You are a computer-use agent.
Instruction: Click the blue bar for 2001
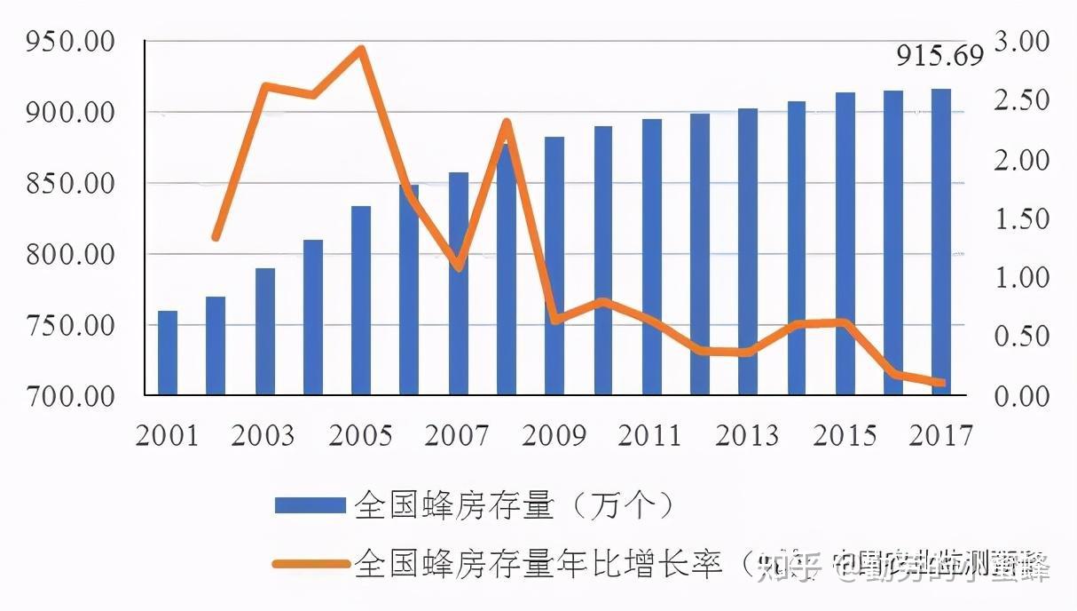(168, 353)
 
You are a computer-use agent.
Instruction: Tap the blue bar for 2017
(940, 242)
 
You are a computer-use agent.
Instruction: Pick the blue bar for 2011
(651, 257)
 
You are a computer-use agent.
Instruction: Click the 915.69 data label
(939, 56)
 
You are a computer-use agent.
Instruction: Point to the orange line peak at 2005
(361, 49)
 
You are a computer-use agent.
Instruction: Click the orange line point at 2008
(506, 122)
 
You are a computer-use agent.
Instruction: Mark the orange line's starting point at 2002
(216, 237)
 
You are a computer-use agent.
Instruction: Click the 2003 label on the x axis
(263, 436)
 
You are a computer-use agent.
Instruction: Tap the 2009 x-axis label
(554, 436)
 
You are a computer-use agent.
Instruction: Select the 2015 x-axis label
(844, 436)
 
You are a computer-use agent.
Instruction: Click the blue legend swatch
(310, 506)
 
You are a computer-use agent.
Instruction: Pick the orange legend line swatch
(310, 563)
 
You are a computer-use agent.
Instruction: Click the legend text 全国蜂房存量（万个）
(515, 506)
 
